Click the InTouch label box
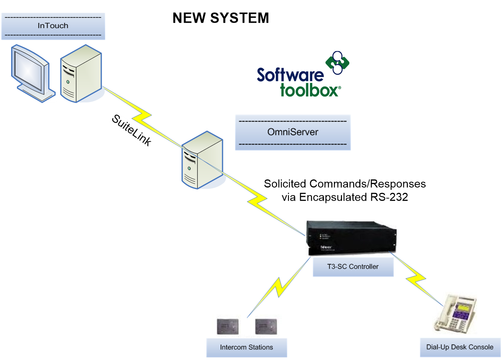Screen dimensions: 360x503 (x=53, y=26)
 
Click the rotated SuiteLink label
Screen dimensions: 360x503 (x=131, y=130)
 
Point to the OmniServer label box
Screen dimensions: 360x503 (x=293, y=132)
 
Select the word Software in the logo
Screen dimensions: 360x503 (x=290, y=75)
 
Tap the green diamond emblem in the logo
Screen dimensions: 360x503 (x=337, y=62)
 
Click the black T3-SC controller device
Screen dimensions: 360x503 (x=350, y=238)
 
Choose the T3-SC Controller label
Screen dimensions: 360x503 (x=353, y=267)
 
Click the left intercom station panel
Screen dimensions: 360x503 (x=228, y=327)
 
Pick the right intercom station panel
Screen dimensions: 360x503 (x=266, y=327)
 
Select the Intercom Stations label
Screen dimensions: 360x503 (x=246, y=347)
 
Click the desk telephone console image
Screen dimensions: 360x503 (x=454, y=313)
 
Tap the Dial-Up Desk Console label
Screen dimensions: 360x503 (x=460, y=347)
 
